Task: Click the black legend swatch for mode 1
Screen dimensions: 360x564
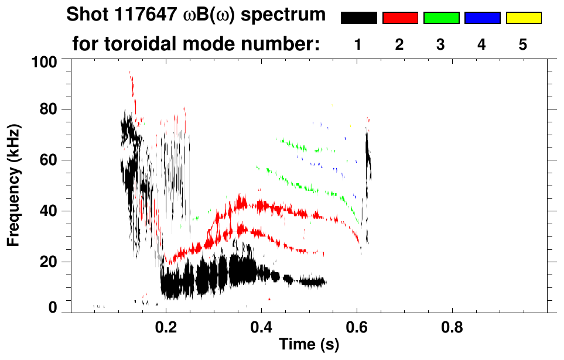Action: tap(358, 18)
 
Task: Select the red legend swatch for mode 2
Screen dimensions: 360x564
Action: tap(400, 18)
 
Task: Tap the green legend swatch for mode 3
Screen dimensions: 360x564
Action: tap(441, 18)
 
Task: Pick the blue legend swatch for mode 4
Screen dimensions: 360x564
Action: tap(482, 18)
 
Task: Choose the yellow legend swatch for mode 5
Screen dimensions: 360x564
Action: tap(524, 18)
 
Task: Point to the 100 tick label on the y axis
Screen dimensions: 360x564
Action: tap(46, 61)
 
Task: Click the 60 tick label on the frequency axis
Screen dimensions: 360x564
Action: tap(50, 160)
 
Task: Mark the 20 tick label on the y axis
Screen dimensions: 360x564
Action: tap(50, 262)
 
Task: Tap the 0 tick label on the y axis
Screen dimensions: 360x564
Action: tap(54, 307)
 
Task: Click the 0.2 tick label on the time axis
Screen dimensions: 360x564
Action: tap(167, 325)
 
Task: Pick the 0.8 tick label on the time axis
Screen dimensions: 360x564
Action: tap(452, 325)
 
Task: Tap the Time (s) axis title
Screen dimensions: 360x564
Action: tap(309, 345)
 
